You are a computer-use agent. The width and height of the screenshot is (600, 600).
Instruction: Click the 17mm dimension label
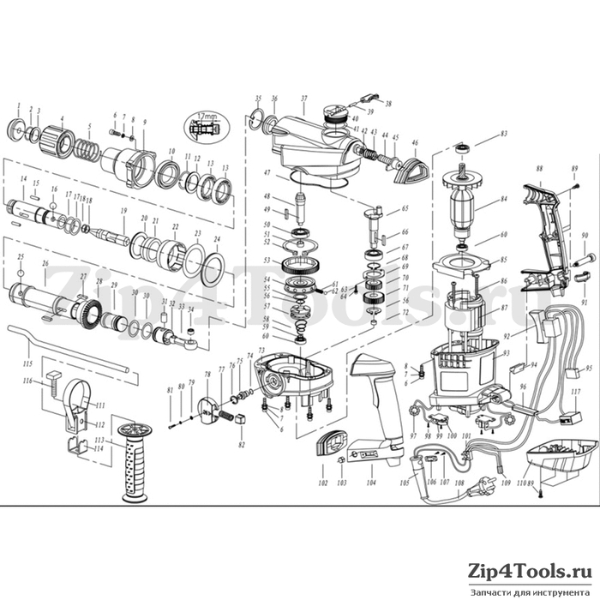[x=206, y=115]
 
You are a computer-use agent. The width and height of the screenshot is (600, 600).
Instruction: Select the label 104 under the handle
[x=371, y=483]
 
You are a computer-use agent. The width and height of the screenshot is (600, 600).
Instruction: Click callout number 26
[x=45, y=264]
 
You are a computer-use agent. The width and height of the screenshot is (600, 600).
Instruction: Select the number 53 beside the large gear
[x=267, y=260]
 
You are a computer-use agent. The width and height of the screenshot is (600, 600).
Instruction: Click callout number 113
[x=99, y=440]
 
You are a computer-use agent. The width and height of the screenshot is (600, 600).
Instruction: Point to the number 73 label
[x=261, y=352]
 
